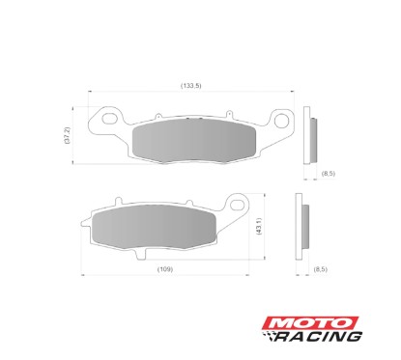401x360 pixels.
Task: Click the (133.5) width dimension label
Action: coord(190,87)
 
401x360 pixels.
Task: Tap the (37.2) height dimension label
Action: coord(68,135)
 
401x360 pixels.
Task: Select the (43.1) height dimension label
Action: coord(259,229)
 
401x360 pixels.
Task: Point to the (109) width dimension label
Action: coord(165,267)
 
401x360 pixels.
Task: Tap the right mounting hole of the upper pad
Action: coord(282,123)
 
